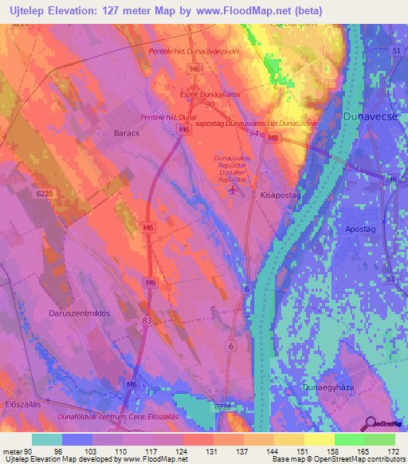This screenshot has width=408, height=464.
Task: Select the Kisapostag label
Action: (x=279, y=194)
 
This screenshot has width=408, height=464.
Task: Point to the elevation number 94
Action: (x=253, y=134)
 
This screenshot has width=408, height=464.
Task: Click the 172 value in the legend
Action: (x=394, y=450)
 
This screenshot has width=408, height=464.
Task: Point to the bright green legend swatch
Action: (x=349, y=439)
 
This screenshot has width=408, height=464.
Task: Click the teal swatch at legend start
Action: (x=47, y=439)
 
